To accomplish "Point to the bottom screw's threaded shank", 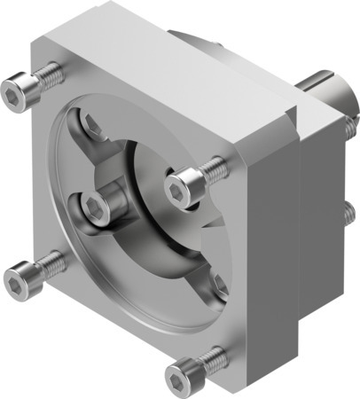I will coord(209,358).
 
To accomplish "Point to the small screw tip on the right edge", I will coord(348,213).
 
